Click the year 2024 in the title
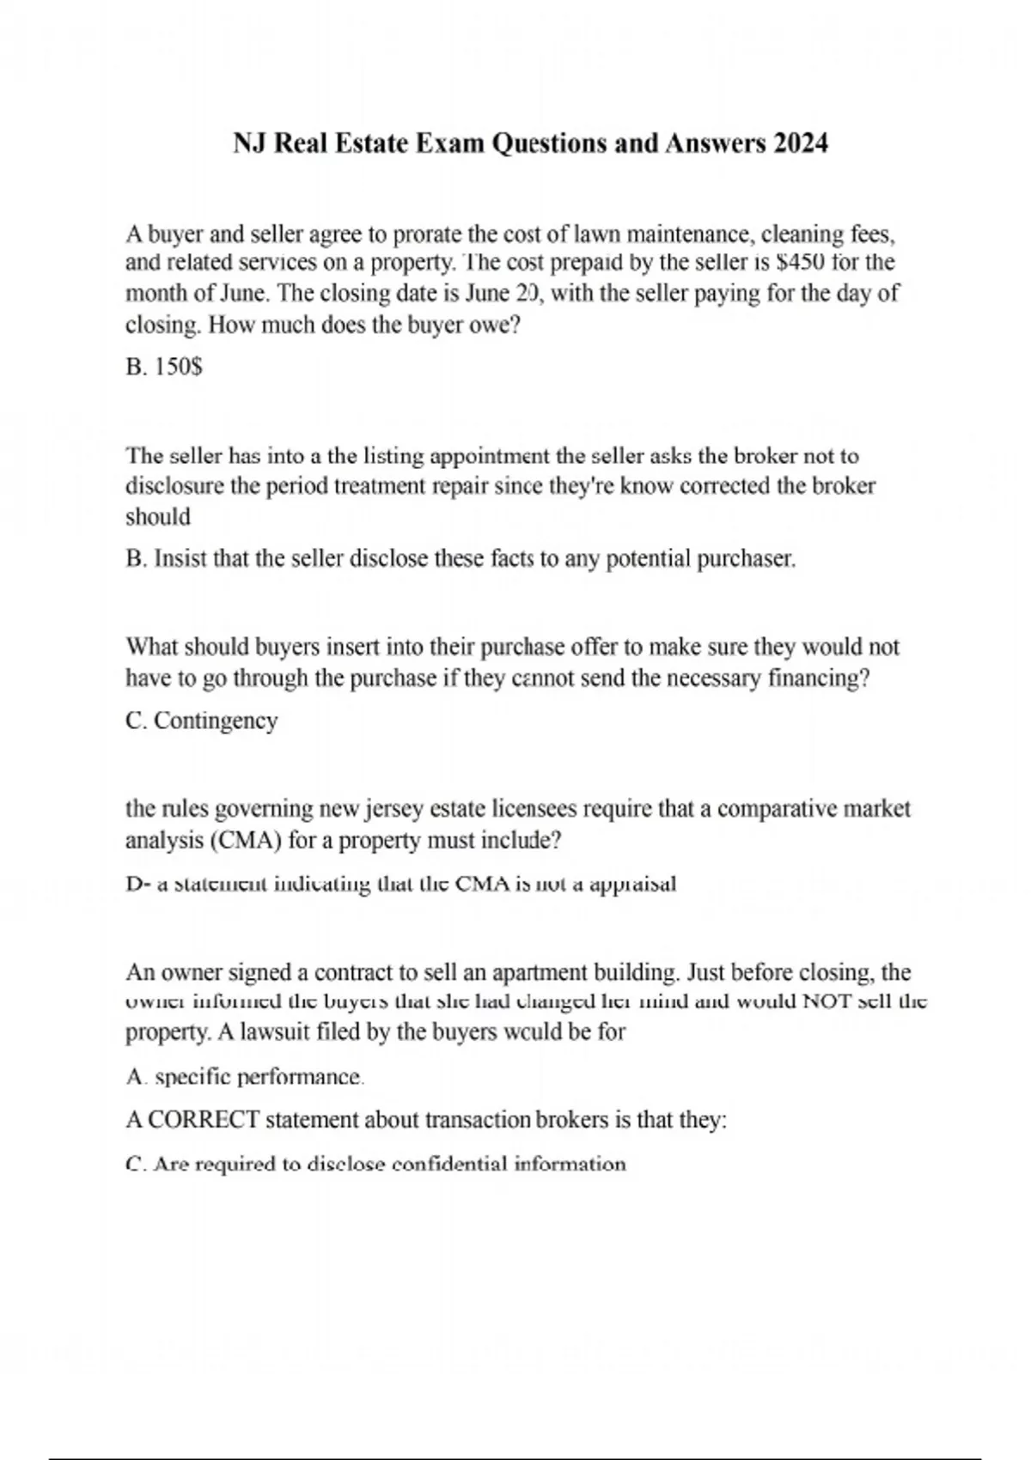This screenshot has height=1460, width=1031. click(x=800, y=143)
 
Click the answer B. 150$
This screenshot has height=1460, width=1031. click(x=164, y=368)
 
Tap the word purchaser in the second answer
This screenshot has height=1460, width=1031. click(x=746, y=559)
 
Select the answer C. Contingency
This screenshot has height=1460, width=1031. click(x=202, y=721)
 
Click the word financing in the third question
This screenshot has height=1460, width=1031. click(x=817, y=678)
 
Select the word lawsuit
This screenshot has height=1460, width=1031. click(x=275, y=1031)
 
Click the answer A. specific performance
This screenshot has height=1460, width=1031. click(x=246, y=1077)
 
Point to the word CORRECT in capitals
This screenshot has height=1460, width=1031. click(x=204, y=1121)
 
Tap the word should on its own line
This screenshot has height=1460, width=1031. click(x=158, y=517)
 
